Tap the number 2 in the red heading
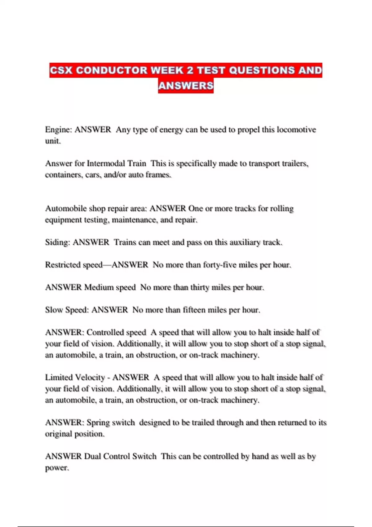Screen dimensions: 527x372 (x=190, y=70)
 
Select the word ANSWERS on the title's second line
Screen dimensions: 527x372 (x=186, y=86)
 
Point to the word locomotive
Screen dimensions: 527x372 (x=296, y=130)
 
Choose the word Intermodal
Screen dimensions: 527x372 (x=116, y=163)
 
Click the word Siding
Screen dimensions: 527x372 (x=57, y=242)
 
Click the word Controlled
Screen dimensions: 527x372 (x=116, y=332)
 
